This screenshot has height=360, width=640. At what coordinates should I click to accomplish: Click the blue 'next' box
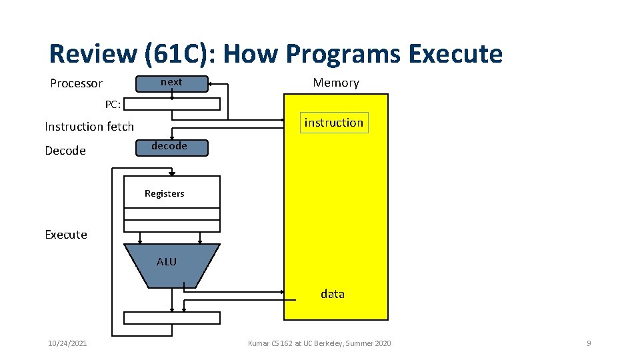coord(171,83)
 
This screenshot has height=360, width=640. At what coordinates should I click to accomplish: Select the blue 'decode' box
coord(171,147)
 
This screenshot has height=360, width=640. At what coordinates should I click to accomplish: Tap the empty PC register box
coord(172,104)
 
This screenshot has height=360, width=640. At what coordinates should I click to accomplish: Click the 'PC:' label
coord(113,105)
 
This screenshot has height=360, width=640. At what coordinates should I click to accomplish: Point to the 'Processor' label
coord(77,83)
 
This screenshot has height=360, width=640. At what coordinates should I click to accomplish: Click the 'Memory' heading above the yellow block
coord(336,83)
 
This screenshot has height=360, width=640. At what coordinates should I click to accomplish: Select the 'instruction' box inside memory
coord(334,123)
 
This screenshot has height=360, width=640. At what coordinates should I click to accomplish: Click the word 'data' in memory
coord(333,294)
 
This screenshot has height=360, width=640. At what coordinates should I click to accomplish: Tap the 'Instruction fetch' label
coord(89,127)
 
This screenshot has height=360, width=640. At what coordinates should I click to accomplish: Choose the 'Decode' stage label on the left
coord(65,151)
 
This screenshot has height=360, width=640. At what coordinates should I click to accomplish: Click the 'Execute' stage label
coord(66,235)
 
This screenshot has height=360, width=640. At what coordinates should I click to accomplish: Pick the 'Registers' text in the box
coord(165,193)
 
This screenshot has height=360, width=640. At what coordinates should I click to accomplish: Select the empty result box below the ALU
coord(172,318)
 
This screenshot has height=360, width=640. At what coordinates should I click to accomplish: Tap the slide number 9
coord(589,343)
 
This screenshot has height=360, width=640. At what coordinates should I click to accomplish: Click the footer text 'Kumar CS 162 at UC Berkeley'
coord(319,343)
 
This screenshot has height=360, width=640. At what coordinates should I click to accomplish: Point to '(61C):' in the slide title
coord(175,54)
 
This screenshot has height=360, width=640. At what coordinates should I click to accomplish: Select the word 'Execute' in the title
coord(455,54)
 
